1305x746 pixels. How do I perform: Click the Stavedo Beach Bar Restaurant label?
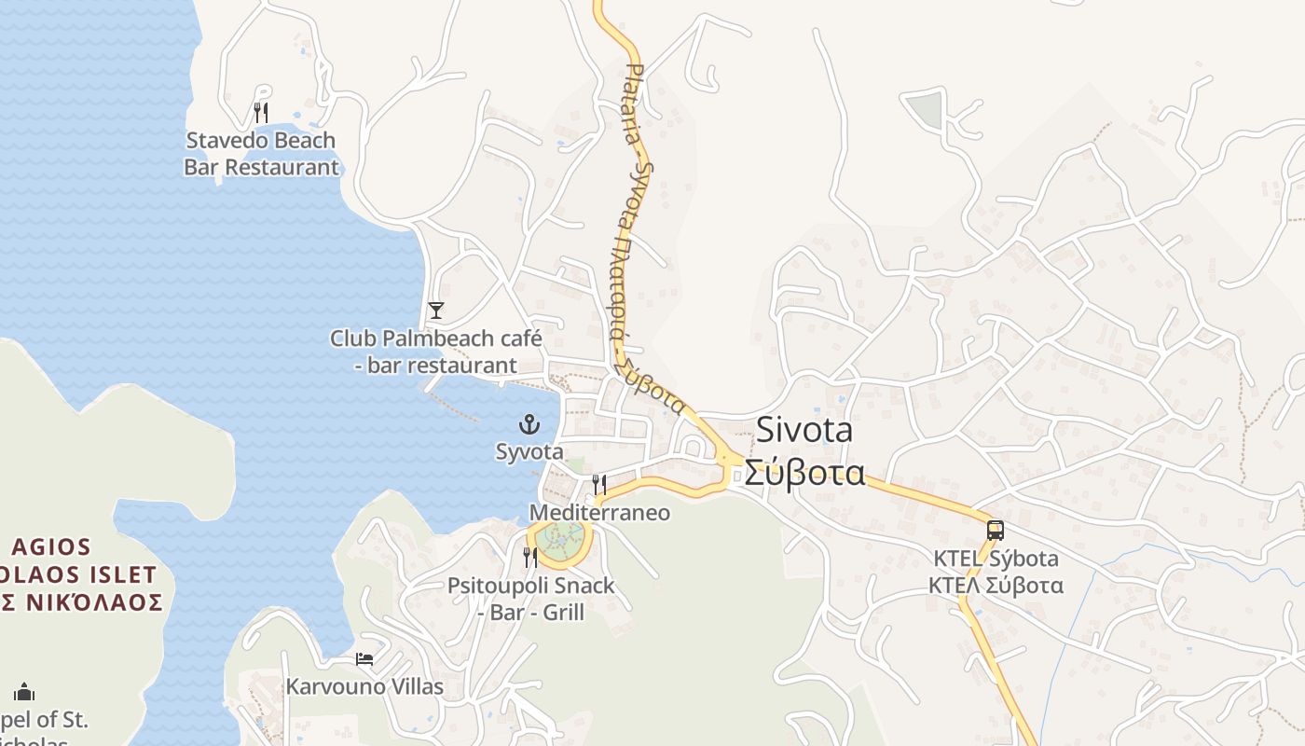point(261,154)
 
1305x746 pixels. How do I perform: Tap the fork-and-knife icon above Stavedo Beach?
point(261,114)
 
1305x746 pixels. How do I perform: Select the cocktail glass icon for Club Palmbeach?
point(435,311)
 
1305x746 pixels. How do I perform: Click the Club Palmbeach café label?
point(435,351)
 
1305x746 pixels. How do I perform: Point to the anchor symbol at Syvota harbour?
point(529,425)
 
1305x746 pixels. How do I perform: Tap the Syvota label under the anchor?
point(529,452)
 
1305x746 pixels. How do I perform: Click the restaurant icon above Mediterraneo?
point(599,485)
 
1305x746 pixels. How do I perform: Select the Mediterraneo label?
point(599,513)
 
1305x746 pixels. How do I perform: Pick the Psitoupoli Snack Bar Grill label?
point(531,599)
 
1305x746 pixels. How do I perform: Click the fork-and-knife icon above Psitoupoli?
point(530,558)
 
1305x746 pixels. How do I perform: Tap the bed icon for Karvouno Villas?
point(364,659)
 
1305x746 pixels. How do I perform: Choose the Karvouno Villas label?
point(364,687)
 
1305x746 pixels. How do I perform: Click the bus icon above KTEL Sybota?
point(996,531)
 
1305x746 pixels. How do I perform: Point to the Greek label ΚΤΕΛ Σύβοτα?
point(996,586)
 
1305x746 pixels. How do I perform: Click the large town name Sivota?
point(804,430)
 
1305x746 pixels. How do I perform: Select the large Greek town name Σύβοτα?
point(804,473)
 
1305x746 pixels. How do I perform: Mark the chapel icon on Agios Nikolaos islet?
point(24,692)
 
